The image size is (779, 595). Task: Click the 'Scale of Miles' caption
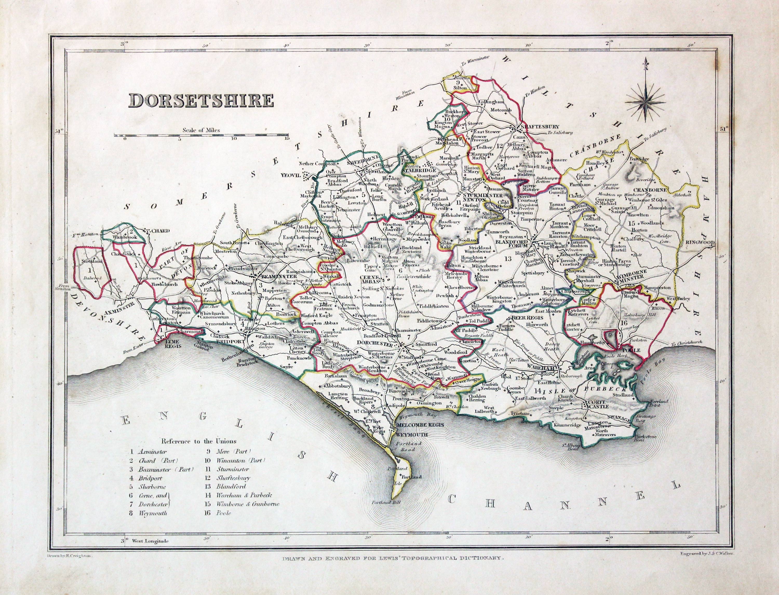[201, 130]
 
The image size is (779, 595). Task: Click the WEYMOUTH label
[413, 434]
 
